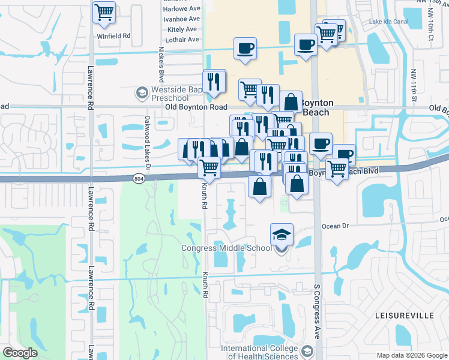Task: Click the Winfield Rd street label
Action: [x=113, y=36]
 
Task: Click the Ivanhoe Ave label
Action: [x=181, y=19]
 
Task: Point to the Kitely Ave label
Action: [x=182, y=29]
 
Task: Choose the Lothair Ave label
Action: [x=181, y=40]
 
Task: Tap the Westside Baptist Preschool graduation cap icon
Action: [x=142, y=93]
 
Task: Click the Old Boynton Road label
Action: [x=196, y=107]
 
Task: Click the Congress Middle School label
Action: [x=227, y=248]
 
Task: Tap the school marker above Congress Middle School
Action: [x=282, y=235]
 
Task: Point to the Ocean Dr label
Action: [x=336, y=226]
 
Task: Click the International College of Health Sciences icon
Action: [x=308, y=350]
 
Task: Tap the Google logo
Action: [x=20, y=353]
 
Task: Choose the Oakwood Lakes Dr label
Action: [x=148, y=145]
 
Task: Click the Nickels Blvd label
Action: [x=161, y=64]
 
